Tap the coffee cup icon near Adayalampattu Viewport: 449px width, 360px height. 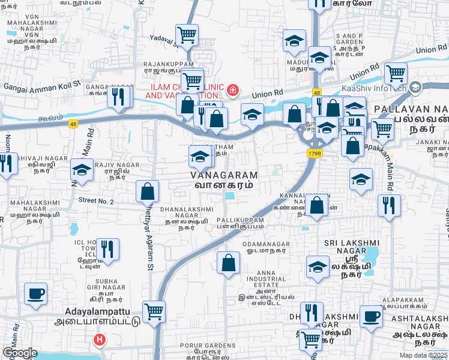(x=36, y=295)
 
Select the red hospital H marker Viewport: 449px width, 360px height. (x=100, y=340)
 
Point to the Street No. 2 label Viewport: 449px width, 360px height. (x=96, y=202)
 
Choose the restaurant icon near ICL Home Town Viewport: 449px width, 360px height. (x=107, y=248)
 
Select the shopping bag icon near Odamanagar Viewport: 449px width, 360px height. (x=228, y=263)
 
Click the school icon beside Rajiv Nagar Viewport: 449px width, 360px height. (x=82, y=170)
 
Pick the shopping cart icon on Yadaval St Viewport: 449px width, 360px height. (x=187, y=34)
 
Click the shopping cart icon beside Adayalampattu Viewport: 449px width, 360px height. (x=154, y=311)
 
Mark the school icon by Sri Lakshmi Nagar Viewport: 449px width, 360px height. (x=318, y=267)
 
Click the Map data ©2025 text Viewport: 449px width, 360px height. (x=423, y=355)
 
